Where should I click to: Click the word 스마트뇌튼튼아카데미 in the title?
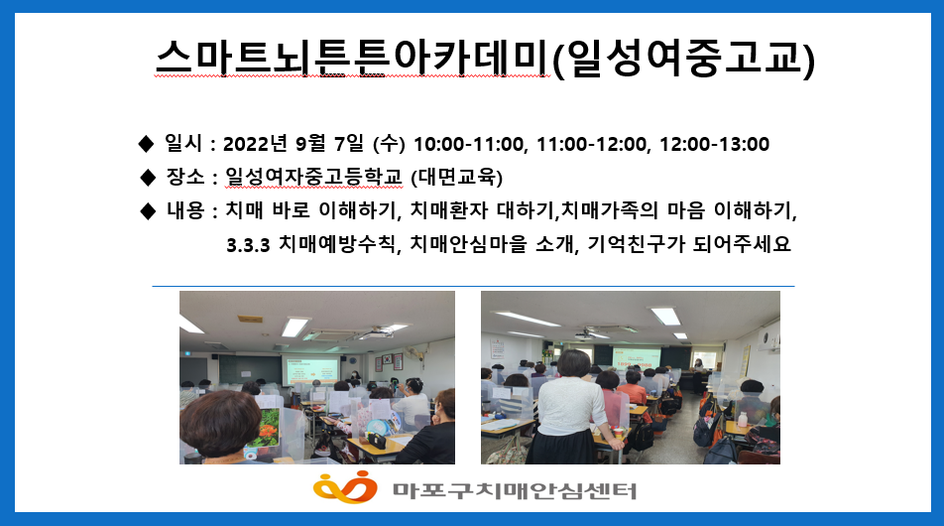pyautogui.click(x=352, y=58)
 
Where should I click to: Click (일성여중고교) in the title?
pyautogui.click(x=683, y=59)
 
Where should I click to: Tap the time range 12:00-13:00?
pyautogui.click(x=714, y=145)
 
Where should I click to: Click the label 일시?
pyautogui.click(x=183, y=143)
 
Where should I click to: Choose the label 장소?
pyautogui.click(x=184, y=177)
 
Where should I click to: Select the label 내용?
pyautogui.click(x=184, y=210)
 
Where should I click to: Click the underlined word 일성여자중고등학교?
pyautogui.click(x=313, y=177)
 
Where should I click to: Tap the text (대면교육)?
pyautogui.click(x=456, y=177)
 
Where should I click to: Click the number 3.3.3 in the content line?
pyautogui.click(x=248, y=245)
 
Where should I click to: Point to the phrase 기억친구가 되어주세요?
pyautogui.click(x=689, y=244)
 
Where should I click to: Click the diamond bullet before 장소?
pyautogui.click(x=148, y=177)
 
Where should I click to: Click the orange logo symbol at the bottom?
pyautogui.click(x=345, y=487)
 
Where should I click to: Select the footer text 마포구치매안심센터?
pyautogui.click(x=515, y=490)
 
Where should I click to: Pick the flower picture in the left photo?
pyautogui.click(x=266, y=429)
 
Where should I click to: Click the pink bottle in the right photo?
pyautogui.click(x=743, y=420)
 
